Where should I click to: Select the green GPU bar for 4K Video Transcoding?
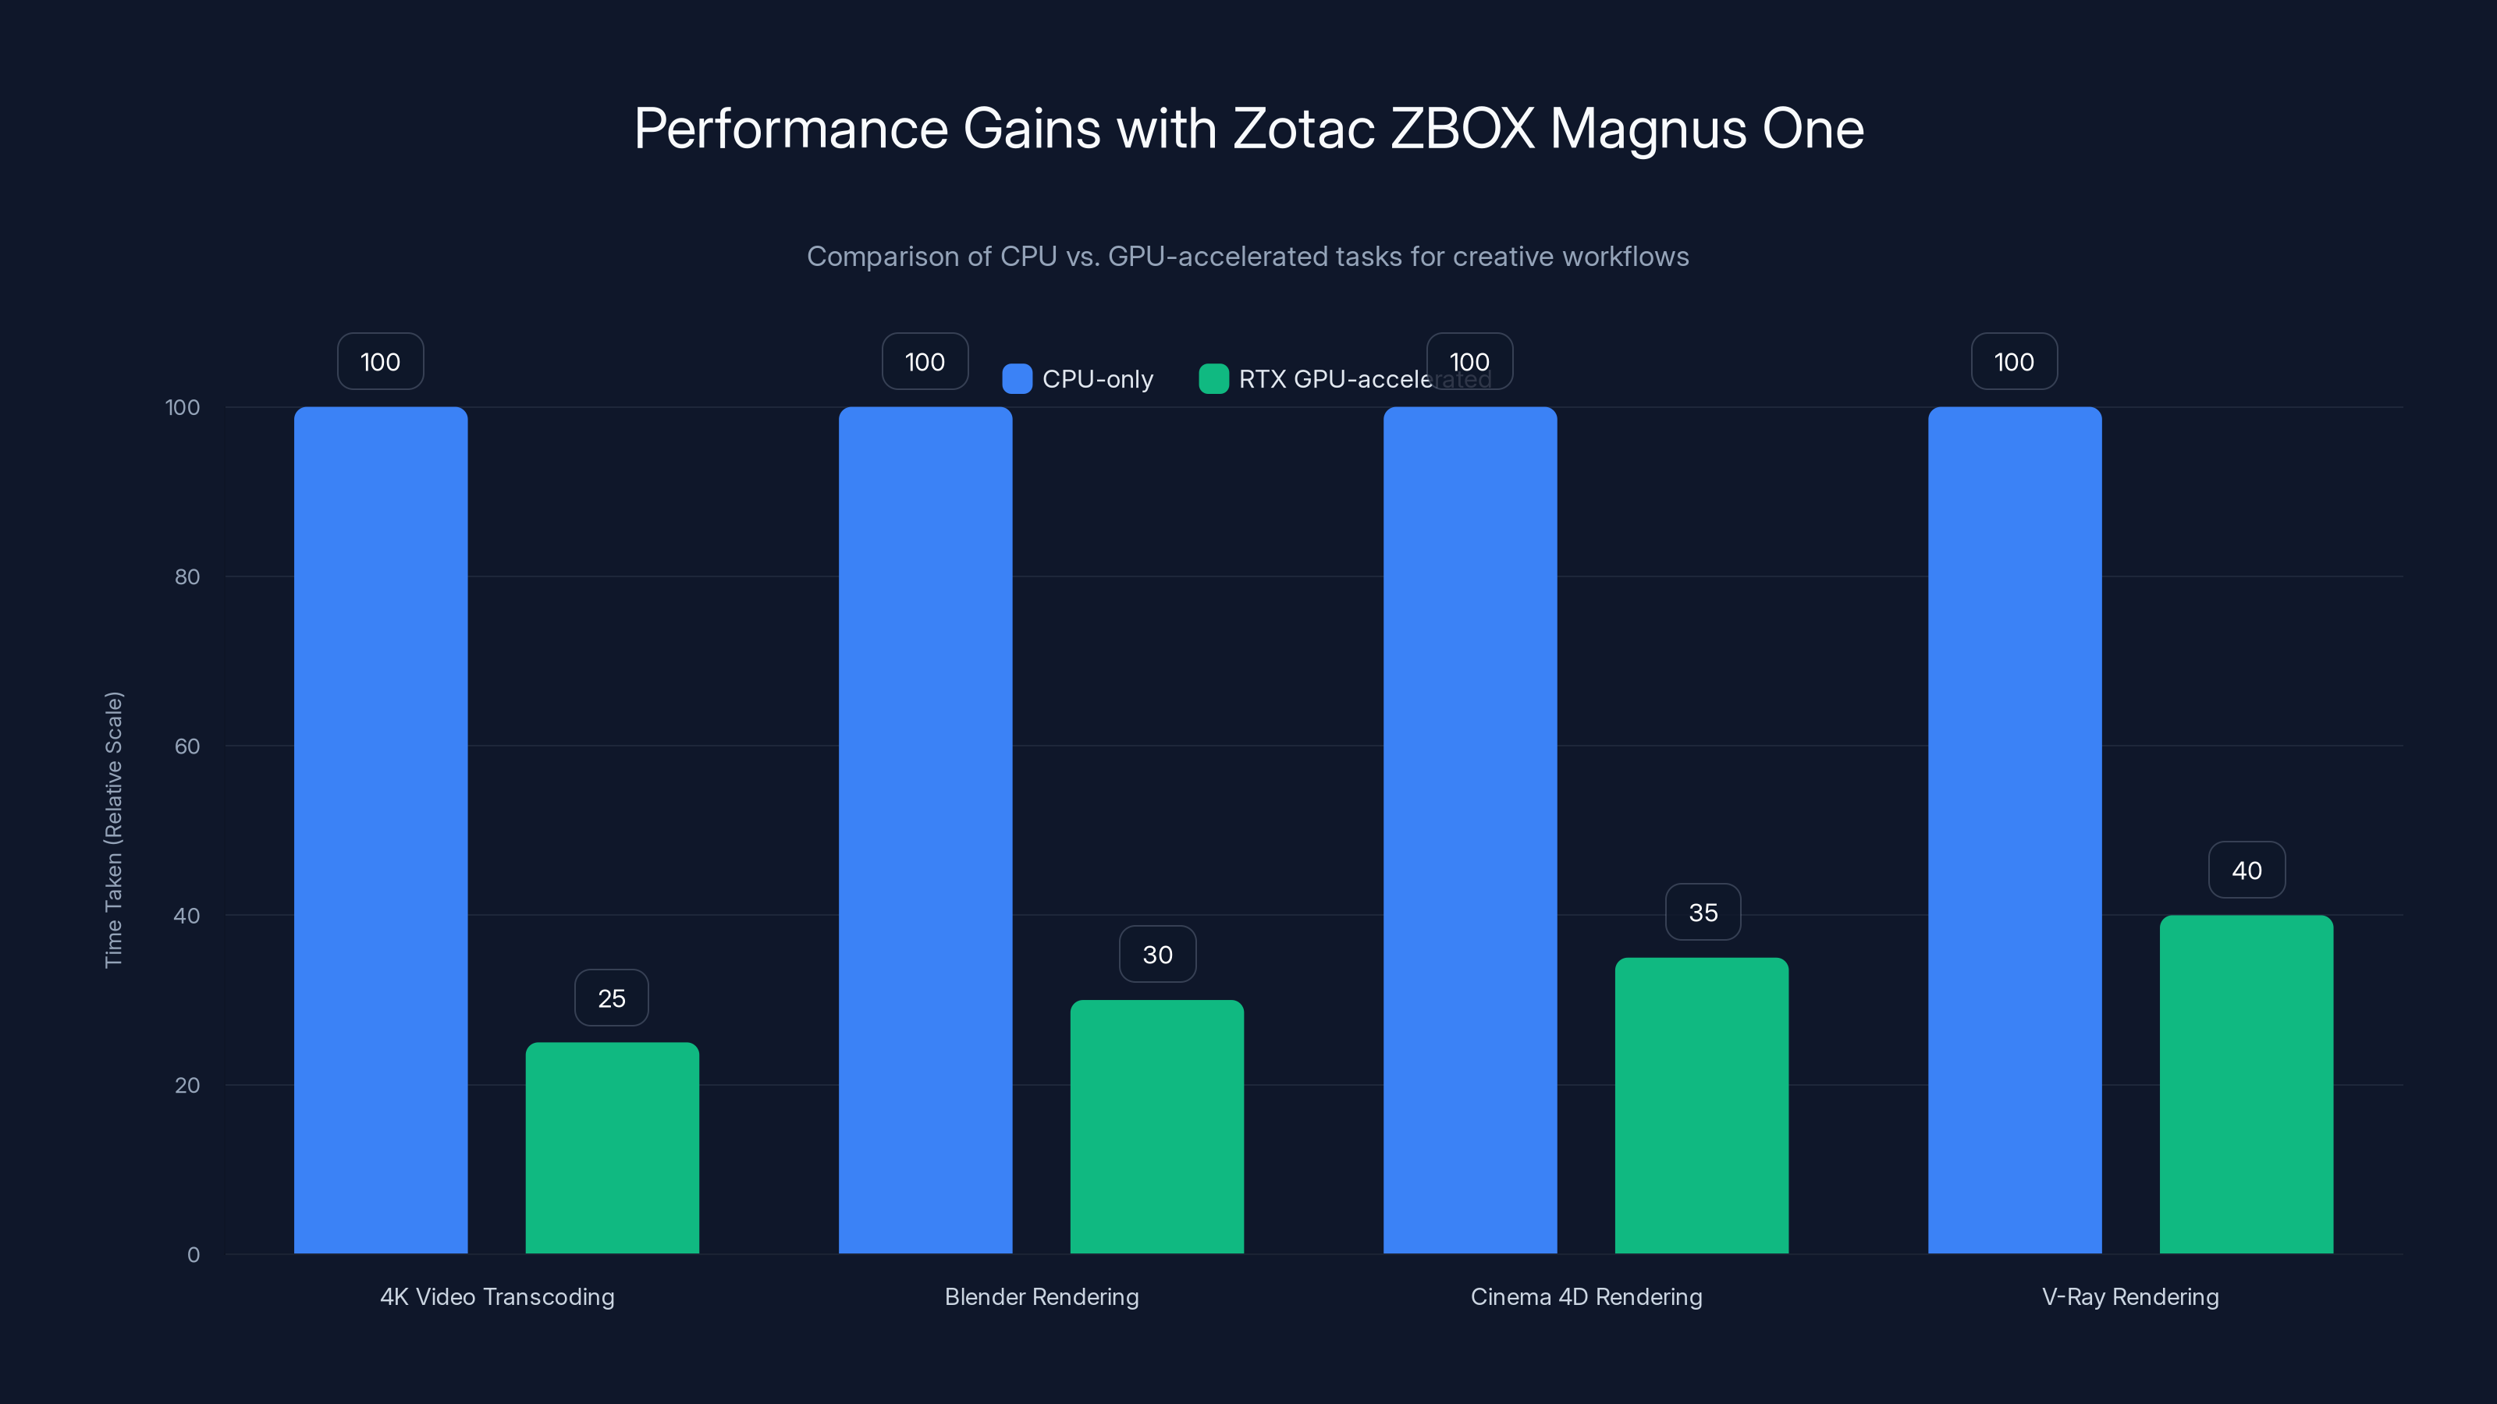[612, 1147]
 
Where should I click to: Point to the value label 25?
[612, 998]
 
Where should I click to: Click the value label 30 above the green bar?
[1157, 955]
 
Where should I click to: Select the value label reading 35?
[1703, 912]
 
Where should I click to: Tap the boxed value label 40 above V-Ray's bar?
[2247, 870]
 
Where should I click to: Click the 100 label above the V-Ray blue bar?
[2014, 361]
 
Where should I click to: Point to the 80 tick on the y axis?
[187, 576]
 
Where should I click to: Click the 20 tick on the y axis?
[187, 1085]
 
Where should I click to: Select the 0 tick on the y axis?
[193, 1255]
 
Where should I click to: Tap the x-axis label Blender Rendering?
[1042, 1296]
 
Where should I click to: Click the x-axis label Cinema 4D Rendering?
[1586, 1296]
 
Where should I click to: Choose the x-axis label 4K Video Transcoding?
[497, 1296]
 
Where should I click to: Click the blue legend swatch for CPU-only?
[1017, 379]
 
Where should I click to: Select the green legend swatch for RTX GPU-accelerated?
[1213, 379]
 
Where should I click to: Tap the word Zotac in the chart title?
[1304, 128]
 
